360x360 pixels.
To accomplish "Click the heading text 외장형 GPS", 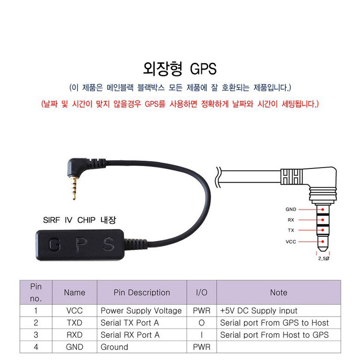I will click(180, 68).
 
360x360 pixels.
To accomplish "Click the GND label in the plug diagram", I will click(291, 209).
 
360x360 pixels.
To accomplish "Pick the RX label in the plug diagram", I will click(291, 220).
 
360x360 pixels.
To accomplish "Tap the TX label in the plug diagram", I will click(291, 230).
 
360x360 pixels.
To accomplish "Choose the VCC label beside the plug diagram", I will click(291, 241).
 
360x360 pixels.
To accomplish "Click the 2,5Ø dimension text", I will click(324, 259).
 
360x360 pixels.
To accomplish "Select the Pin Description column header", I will click(142, 292).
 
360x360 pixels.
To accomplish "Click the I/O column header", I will click(202, 292).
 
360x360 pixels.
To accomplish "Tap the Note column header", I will click(278, 292).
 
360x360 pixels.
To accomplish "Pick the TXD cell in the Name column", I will click(74, 323).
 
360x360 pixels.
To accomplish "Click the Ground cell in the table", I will click(114, 347).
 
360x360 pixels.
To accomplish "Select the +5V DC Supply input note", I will click(258, 311).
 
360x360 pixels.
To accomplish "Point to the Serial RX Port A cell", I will click(130, 335).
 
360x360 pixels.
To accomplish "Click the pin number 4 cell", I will click(36, 347).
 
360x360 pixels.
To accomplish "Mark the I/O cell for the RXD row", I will click(202, 335).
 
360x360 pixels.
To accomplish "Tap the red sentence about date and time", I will click(180, 103).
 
